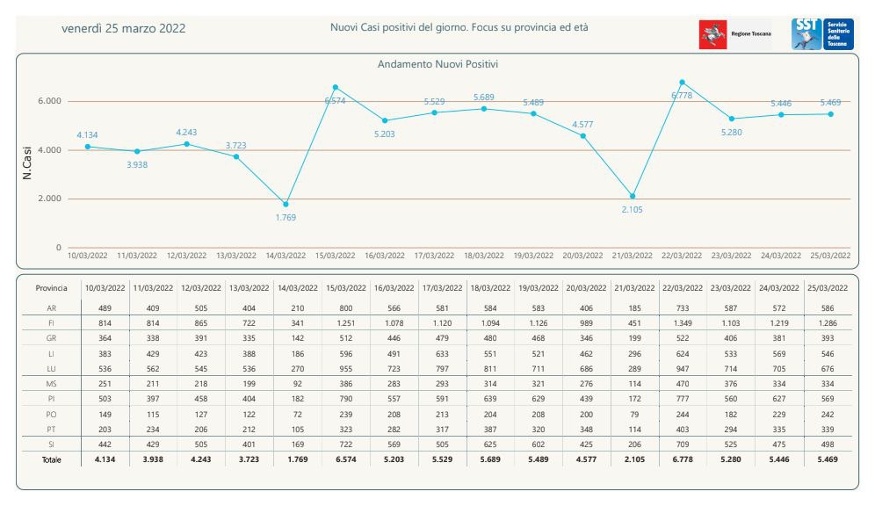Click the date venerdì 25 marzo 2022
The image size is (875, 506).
pyautogui.click(x=123, y=28)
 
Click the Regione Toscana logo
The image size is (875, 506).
pyautogui.click(x=735, y=34)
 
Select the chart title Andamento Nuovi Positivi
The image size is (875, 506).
pyautogui.click(x=437, y=64)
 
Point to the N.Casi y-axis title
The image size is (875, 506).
pyautogui.click(x=27, y=162)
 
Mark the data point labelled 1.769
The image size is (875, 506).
pyautogui.click(x=286, y=204)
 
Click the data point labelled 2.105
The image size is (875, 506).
pyautogui.click(x=633, y=196)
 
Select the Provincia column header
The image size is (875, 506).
pyautogui.click(x=52, y=288)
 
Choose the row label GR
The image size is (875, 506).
pyautogui.click(x=52, y=339)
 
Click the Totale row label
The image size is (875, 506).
pyautogui.click(x=52, y=459)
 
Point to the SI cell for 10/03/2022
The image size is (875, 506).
pyautogui.click(x=105, y=445)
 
